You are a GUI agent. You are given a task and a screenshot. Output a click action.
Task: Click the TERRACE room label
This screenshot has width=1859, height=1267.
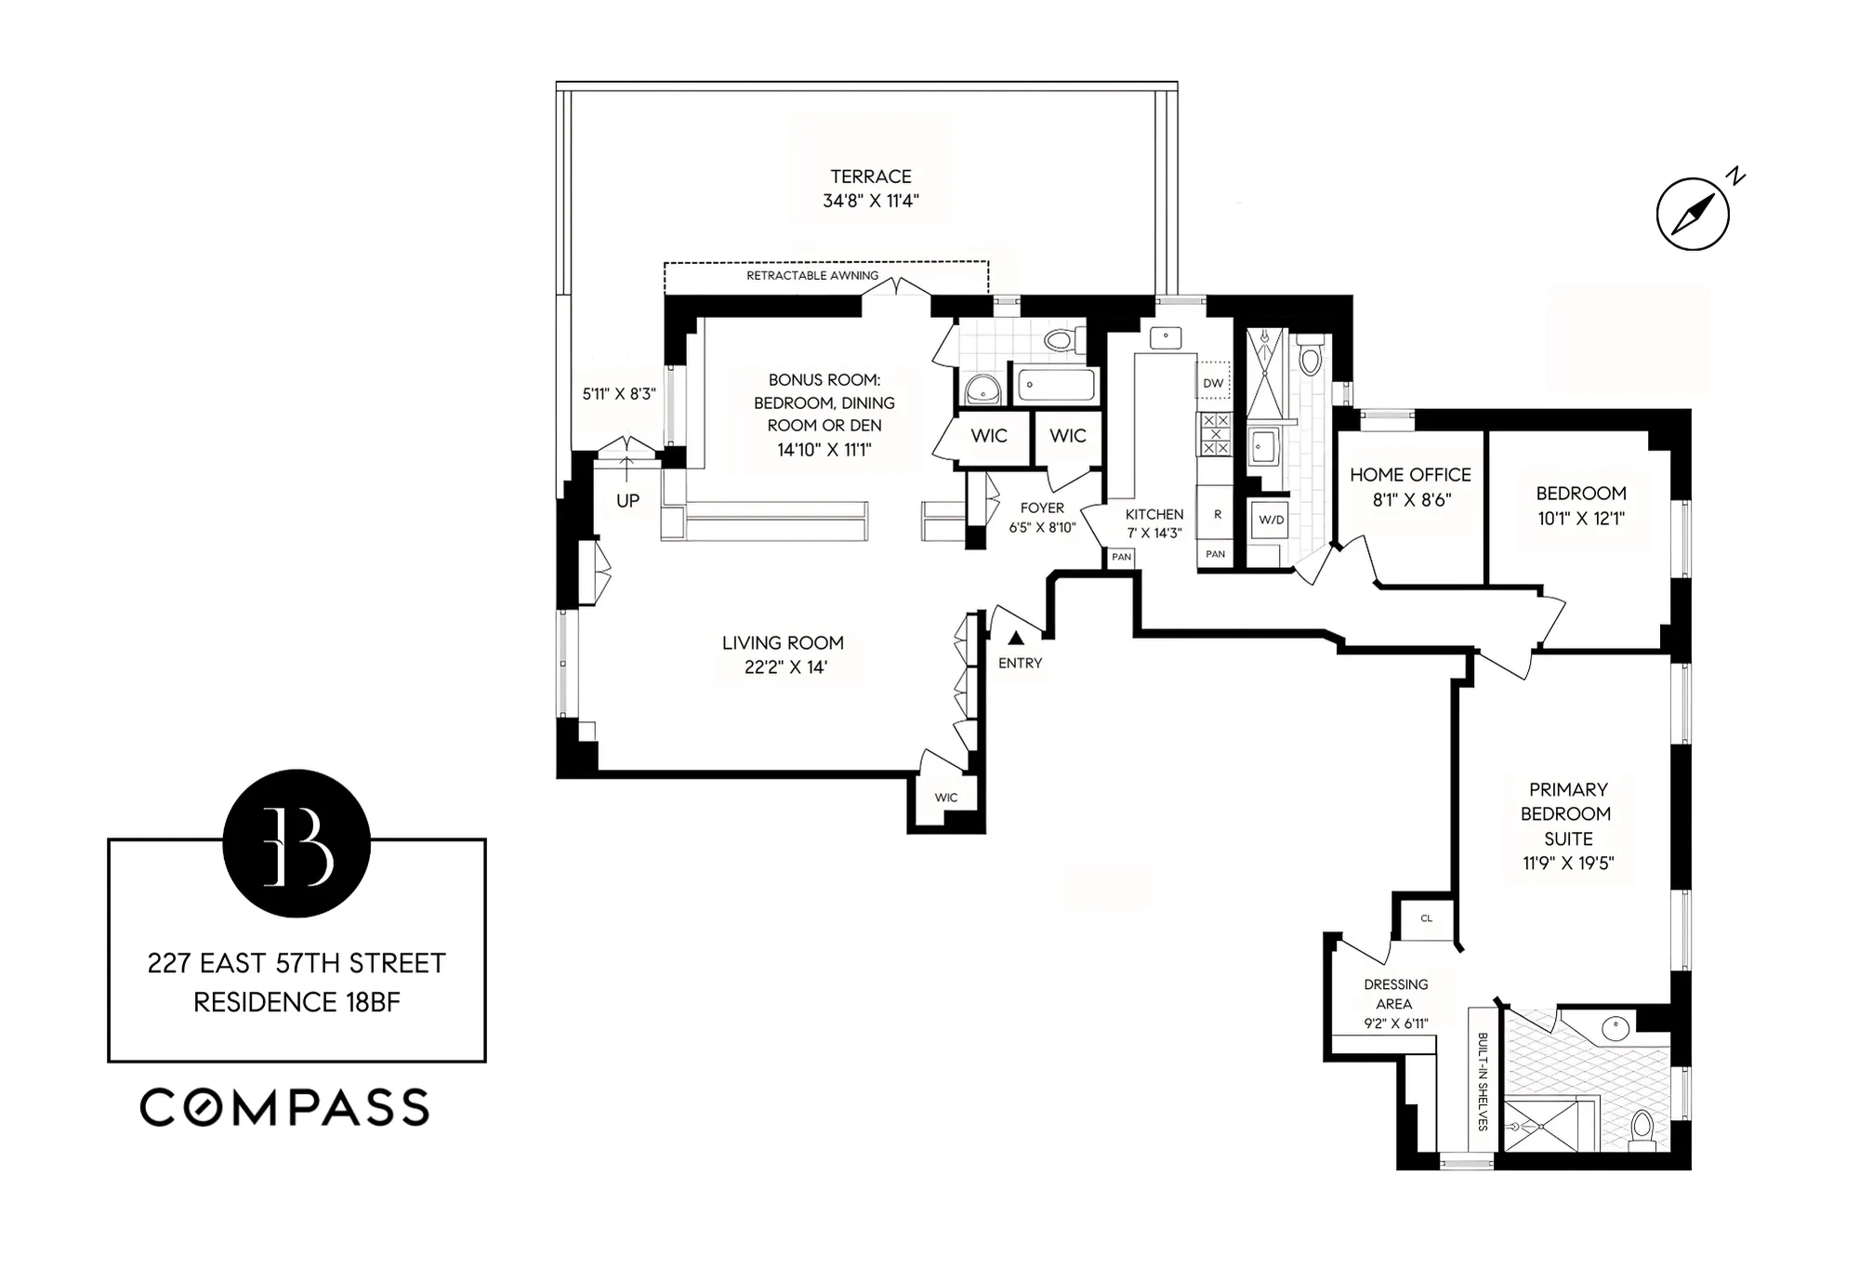click(870, 177)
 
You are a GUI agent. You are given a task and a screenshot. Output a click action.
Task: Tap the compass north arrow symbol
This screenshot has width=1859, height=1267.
click(1693, 215)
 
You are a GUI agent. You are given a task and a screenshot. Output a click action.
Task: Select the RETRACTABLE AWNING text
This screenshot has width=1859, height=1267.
click(812, 276)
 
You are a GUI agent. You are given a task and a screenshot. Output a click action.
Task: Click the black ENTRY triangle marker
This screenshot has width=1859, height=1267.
click(1016, 638)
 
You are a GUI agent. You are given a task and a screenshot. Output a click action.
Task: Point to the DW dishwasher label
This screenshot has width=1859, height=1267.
click(1213, 383)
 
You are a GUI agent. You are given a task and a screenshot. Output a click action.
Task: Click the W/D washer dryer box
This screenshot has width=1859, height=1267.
click(1271, 520)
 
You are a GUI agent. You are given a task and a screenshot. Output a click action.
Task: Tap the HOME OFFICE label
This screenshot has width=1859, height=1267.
click(1410, 475)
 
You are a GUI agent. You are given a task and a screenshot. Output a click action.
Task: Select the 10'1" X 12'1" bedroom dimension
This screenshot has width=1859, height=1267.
click(1580, 519)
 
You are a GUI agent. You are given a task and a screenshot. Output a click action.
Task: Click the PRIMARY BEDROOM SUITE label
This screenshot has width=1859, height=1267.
click(1567, 813)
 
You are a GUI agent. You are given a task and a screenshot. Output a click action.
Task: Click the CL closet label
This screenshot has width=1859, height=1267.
click(1426, 918)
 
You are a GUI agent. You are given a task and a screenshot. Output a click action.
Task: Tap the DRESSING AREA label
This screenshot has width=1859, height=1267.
click(1395, 994)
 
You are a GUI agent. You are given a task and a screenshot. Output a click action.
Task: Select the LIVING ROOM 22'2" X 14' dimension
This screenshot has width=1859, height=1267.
click(784, 667)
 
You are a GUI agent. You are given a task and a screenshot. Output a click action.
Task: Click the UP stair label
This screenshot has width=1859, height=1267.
click(627, 501)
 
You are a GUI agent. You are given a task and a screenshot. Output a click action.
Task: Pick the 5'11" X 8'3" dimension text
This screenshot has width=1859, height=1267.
click(619, 394)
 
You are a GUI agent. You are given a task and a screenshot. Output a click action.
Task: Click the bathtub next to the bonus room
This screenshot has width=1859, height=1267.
click(1056, 384)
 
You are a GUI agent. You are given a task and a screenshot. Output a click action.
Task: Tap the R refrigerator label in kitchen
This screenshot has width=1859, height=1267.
click(1217, 514)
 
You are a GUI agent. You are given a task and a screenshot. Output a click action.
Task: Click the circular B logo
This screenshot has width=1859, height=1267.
click(297, 844)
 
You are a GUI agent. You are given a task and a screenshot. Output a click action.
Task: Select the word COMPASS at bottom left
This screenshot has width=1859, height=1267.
click(284, 1108)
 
